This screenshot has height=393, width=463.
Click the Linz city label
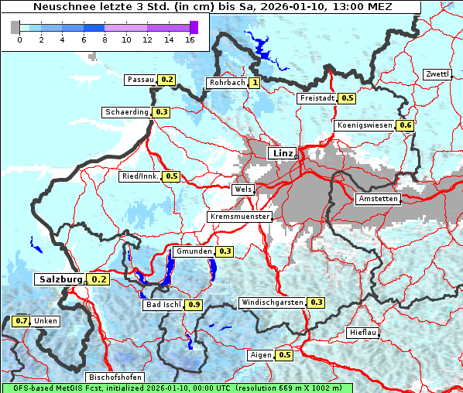click(283, 153)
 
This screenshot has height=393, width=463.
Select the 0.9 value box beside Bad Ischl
click(194, 305)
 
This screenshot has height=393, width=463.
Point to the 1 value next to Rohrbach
click(254, 83)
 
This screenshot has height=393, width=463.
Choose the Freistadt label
click(317, 98)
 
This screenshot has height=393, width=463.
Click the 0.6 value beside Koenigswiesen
click(405, 125)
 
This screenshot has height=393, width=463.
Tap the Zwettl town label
click(437, 74)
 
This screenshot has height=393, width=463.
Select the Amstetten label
click(378, 199)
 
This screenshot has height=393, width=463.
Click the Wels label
click(243, 189)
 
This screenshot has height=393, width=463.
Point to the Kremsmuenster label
click(240, 217)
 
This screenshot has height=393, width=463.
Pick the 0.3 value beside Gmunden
click(225, 251)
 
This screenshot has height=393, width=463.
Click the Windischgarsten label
click(271, 302)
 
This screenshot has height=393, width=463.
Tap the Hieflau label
click(363, 333)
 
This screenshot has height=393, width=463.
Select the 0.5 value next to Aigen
click(284, 355)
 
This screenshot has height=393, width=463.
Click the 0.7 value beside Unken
click(22, 321)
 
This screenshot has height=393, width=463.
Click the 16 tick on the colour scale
click(190, 39)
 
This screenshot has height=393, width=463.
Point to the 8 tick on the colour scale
click(105, 39)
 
